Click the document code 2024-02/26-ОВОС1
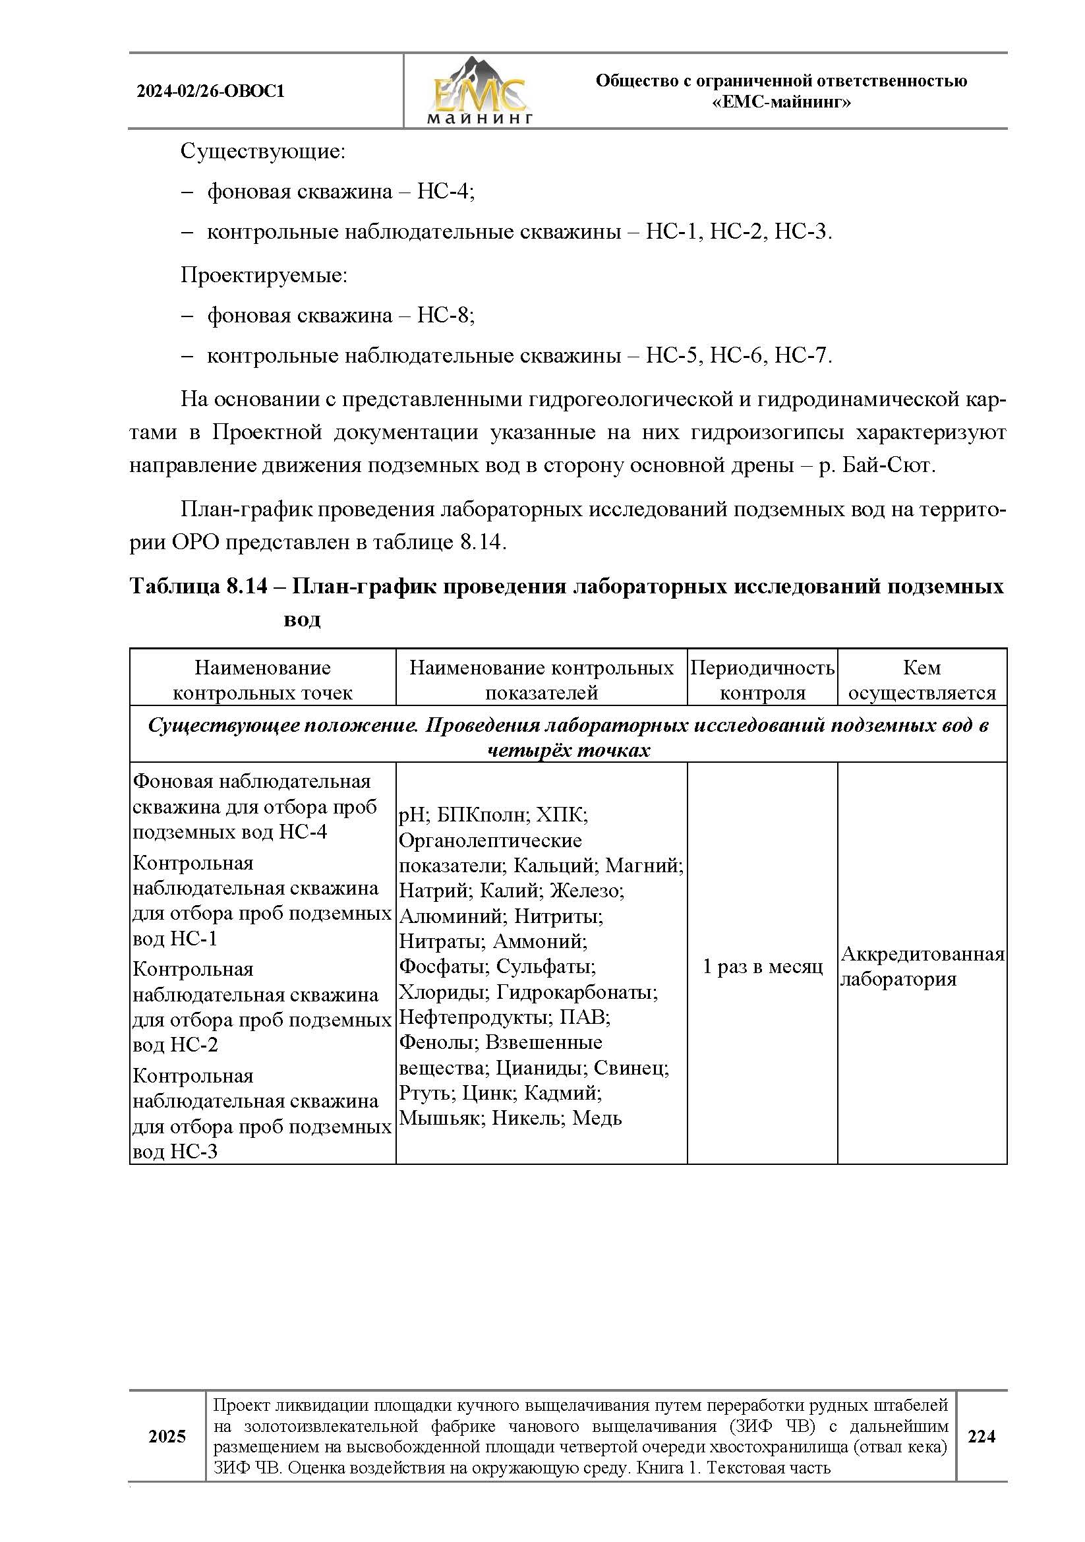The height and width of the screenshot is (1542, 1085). pos(211,92)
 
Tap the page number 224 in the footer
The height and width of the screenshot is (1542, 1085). pos(981,1436)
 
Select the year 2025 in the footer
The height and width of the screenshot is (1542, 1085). pos(167,1436)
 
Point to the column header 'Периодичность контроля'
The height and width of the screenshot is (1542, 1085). pos(762,680)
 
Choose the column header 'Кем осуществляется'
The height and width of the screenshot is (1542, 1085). pos(921,680)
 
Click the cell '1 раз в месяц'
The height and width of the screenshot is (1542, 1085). pos(762,966)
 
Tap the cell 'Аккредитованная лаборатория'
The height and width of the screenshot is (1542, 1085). pos(921,966)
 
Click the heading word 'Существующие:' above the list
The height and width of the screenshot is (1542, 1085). pos(262,152)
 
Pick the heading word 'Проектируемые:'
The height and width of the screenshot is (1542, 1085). pos(264,276)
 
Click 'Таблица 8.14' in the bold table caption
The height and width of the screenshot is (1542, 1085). pos(198,587)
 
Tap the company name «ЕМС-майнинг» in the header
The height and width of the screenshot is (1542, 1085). pos(781,103)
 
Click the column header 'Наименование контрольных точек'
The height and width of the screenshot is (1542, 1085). pos(262,680)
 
